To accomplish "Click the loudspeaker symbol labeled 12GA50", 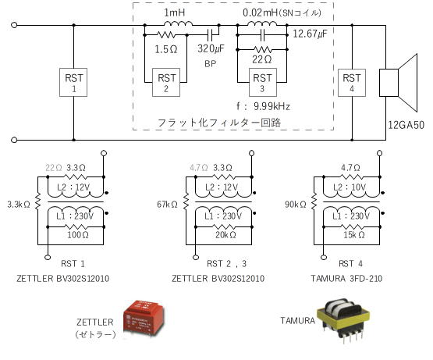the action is tap(398, 83).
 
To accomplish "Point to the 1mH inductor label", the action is tap(175, 12).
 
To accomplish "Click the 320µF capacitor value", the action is tap(211, 49).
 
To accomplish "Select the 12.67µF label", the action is tap(310, 34).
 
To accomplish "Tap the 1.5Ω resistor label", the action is tap(166, 49).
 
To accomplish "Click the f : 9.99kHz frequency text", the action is tap(263, 106).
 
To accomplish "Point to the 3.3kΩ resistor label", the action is tap(19, 205).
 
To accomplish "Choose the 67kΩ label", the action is tap(167, 205).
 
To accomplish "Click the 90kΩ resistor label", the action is tap(296, 205).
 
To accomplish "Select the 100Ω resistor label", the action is tap(78, 235).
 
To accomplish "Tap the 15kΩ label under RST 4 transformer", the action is tap(354, 235).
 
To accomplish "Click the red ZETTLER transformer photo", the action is tap(144, 319).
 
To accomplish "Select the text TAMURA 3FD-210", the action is tap(346, 279).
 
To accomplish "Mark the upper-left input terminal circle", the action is tap(14, 25).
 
